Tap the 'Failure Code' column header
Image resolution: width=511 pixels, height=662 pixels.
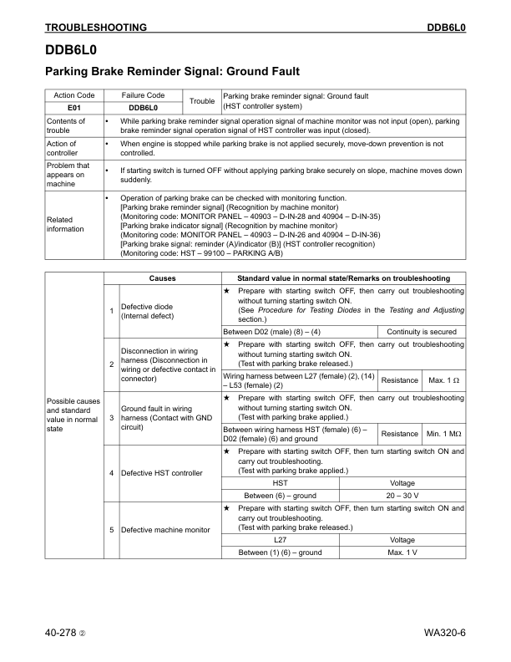coord(143,95)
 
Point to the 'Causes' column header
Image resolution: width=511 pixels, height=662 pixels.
coord(162,278)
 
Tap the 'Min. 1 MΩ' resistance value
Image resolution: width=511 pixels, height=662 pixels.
coord(444,434)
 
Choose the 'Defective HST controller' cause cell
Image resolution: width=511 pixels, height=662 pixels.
coord(161,473)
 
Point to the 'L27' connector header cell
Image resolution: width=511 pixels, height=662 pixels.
coord(281,541)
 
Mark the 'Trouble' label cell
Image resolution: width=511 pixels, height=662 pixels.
coord(202,101)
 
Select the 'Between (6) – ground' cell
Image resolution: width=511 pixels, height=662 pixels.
coord(281,495)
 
